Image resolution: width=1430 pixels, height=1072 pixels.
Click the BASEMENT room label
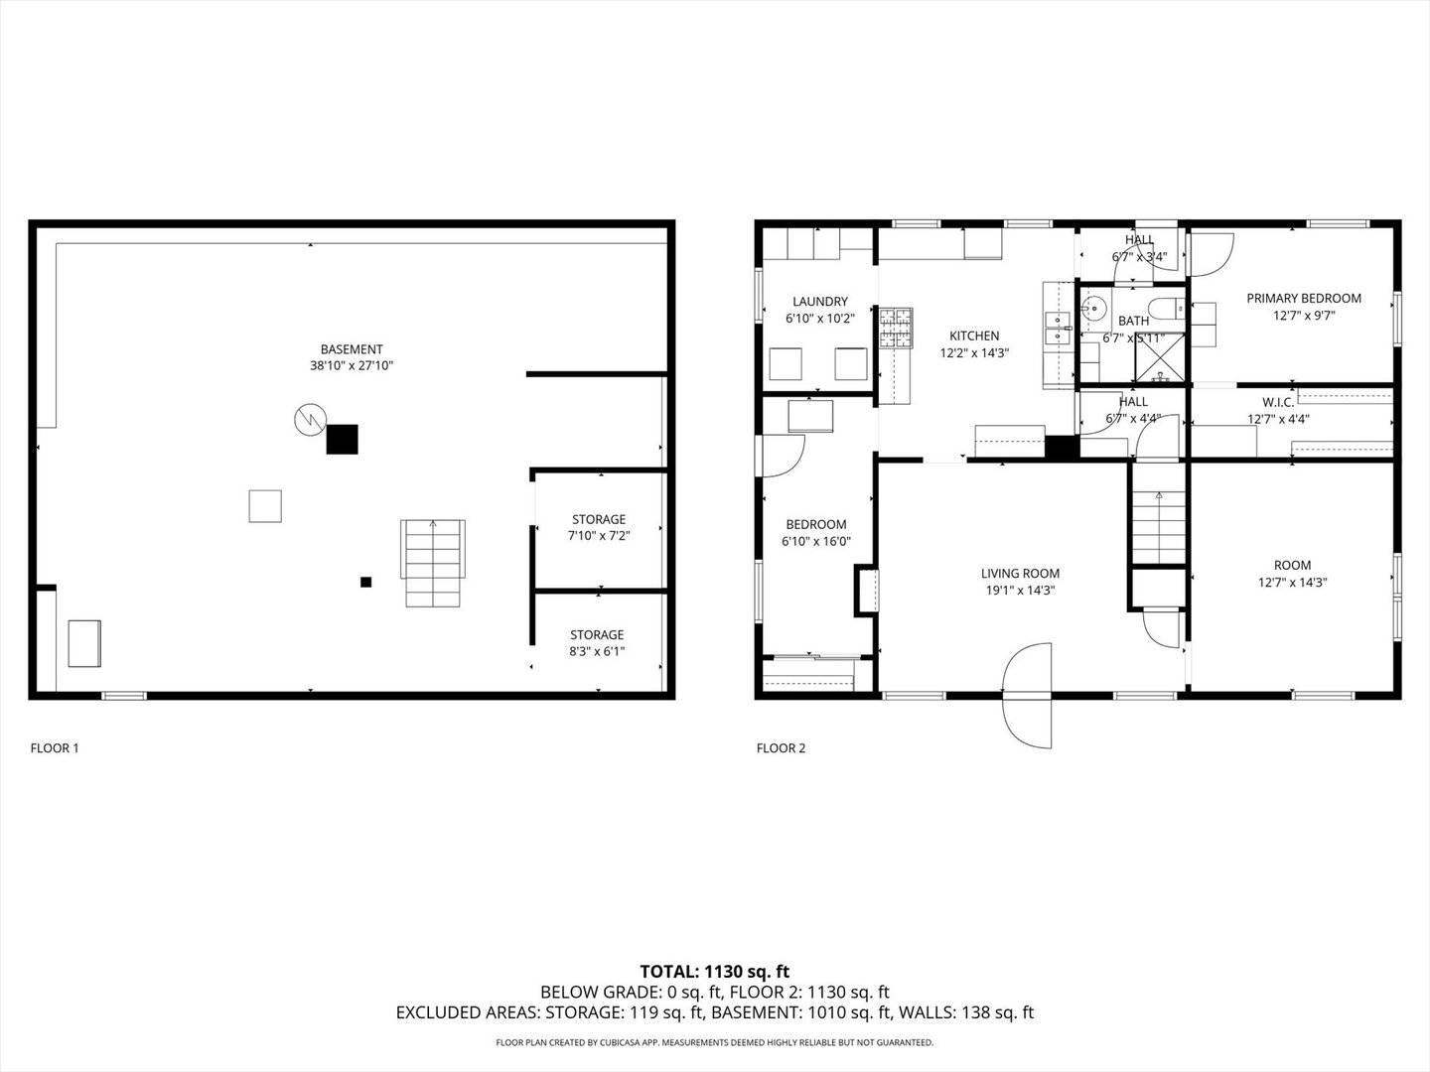(351, 349)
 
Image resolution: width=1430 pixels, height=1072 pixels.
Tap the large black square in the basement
(343, 439)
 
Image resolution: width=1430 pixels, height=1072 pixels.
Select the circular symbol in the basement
(310, 420)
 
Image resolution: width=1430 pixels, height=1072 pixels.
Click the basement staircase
(433, 563)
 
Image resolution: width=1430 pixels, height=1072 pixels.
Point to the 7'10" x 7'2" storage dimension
(599, 535)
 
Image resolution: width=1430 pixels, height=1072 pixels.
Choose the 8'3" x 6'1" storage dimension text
(597, 651)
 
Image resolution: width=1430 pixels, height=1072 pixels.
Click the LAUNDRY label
(820, 302)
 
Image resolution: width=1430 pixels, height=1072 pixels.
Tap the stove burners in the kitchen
(895, 329)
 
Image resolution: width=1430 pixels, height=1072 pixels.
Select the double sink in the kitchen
(1059, 329)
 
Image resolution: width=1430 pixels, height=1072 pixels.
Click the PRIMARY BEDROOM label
(1304, 298)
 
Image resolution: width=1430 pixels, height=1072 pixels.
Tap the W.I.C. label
(1278, 402)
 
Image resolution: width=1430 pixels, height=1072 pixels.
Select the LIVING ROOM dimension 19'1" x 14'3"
(1020, 590)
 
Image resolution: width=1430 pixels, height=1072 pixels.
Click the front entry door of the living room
(1026, 695)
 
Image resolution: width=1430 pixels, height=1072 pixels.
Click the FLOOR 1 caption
(55, 748)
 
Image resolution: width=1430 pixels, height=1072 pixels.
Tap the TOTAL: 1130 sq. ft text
(714, 971)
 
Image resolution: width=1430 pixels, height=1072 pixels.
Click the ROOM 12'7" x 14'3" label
(1292, 573)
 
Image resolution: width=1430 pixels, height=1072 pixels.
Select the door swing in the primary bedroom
(1211, 254)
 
